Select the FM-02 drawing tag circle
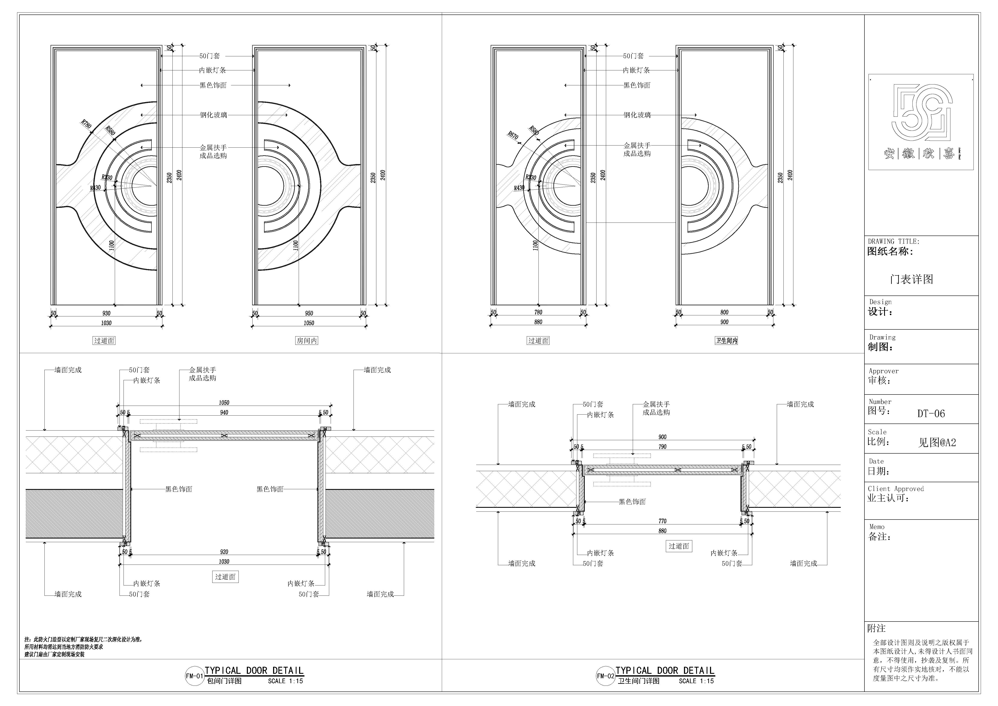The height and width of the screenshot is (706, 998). click(605, 676)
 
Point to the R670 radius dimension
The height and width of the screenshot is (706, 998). click(513, 135)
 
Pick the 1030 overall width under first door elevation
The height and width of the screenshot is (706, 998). click(106, 323)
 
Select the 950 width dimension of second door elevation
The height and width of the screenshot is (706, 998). click(309, 313)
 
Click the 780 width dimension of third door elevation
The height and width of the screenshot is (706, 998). click(538, 312)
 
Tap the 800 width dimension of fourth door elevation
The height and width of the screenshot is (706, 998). click(724, 312)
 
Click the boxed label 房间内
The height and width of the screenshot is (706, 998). click(306, 341)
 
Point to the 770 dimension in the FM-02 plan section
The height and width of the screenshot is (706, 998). click(662, 521)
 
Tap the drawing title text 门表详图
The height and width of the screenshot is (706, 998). click(912, 279)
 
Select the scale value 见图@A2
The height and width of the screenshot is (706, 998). click(937, 443)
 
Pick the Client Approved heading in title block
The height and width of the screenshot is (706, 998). click(895, 489)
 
